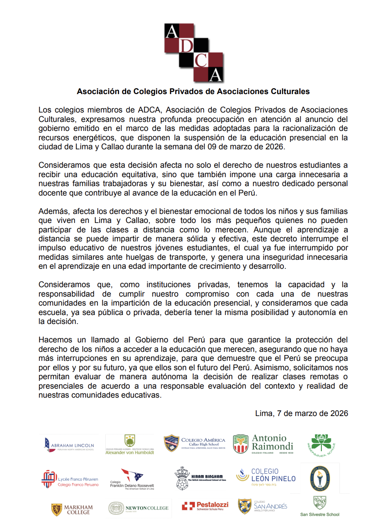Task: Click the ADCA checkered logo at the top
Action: tap(194, 53)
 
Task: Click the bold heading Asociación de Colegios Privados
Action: tap(193, 92)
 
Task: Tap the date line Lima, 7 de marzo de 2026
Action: tap(301, 414)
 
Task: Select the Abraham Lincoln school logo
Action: tap(69, 445)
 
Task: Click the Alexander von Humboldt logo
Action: tap(130, 445)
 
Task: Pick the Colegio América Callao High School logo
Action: tap(194, 444)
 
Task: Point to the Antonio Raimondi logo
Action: tap(263, 444)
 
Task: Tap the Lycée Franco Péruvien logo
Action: tap(70, 479)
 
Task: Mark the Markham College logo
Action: tap(72, 509)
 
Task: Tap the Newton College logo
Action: tap(138, 509)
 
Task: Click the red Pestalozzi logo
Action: tap(205, 506)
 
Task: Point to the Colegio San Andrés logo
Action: tap(262, 506)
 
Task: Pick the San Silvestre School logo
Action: tap(320, 506)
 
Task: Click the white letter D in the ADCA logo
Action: tap(186, 46)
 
